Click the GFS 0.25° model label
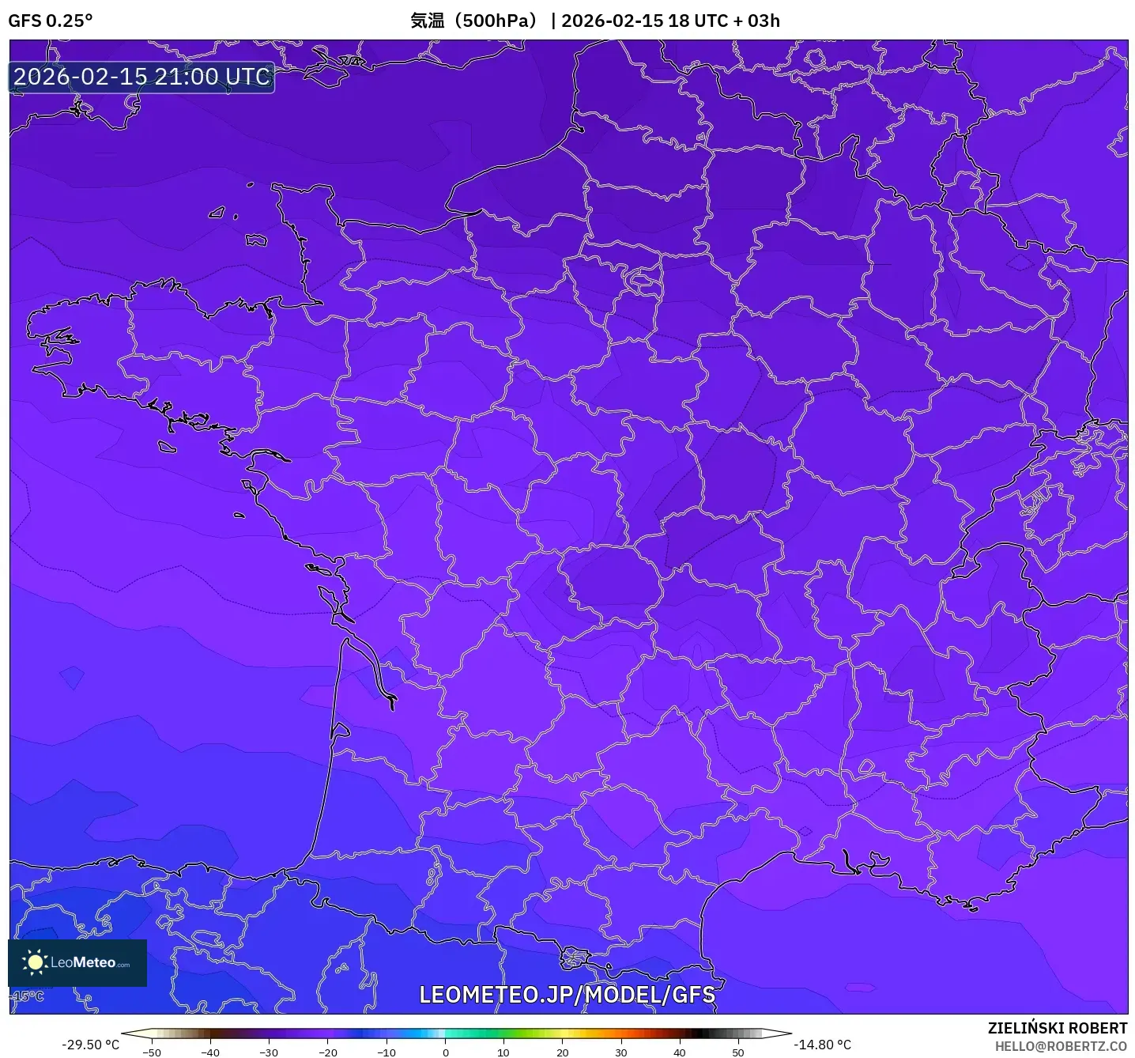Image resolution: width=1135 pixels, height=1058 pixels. (x=51, y=21)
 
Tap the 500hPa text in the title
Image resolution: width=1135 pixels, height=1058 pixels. (x=497, y=21)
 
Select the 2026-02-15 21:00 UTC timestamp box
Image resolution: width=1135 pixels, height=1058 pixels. (x=142, y=77)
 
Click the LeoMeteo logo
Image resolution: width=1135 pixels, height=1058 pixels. (x=77, y=962)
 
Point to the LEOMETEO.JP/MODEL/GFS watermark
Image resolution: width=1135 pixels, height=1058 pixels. (x=567, y=995)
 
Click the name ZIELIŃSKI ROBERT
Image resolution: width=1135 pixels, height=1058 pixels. (x=1058, y=1028)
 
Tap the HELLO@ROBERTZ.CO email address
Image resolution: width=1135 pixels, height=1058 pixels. (x=1061, y=1046)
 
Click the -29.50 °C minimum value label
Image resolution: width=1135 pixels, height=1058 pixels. (x=90, y=1045)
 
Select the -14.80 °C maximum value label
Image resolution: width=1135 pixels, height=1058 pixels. (x=823, y=1045)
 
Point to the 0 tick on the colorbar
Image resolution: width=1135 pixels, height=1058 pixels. (x=445, y=1052)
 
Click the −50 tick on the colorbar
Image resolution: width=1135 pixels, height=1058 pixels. (x=151, y=1052)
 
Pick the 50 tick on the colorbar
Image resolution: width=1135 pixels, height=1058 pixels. (x=738, y=1052)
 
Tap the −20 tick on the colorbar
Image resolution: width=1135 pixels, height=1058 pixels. (x=327, y=1052)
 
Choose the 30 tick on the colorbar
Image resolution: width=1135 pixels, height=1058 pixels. (x=621, y=1052)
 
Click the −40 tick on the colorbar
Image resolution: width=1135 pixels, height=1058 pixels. (x=210, y=1052)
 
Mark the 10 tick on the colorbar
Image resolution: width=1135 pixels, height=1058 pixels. (x=503, y=1052)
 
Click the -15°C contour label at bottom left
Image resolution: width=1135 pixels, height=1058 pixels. (x=28, y=996)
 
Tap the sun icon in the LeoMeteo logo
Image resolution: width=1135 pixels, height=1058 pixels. (x=35, y=962)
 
